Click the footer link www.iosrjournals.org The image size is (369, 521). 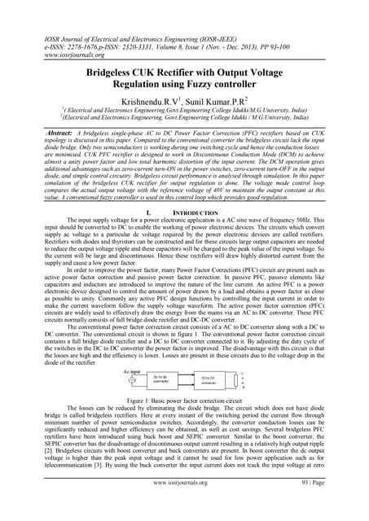point(185,506)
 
